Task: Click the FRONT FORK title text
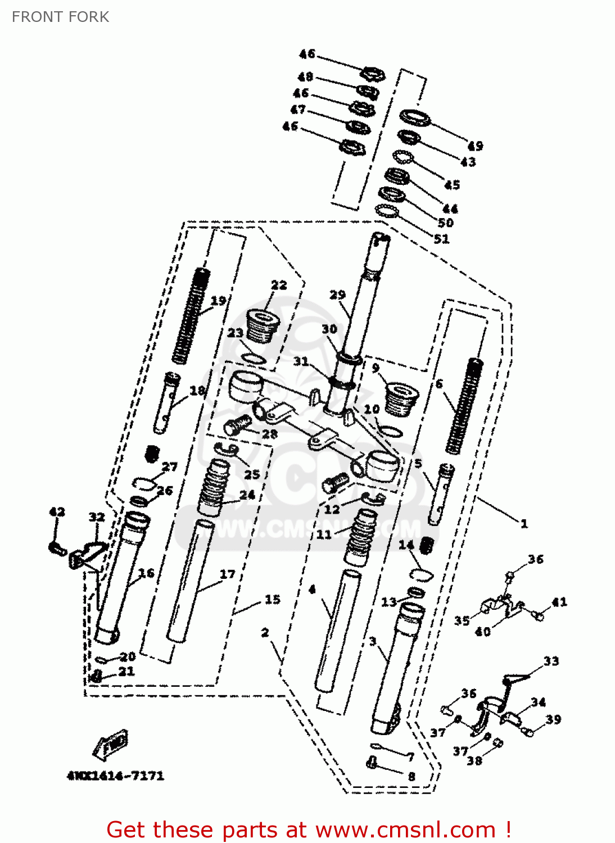(x=60, y=17)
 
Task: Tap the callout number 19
(x=218, y=301)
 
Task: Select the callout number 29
(x=337, y=294)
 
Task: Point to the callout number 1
(x=524, y=524)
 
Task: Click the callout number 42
(x=57, y=511)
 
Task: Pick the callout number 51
(x=442, y=239)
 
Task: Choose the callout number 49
(x=475, y=146)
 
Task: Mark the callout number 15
(x=272, y=600)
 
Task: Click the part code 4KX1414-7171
(x=116, y=776)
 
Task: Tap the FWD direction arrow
(x=111, y=745)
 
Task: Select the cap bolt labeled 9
(x=401, y=398)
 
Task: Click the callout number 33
(x=551, y=661)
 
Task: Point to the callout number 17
(x=227, y=574)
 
